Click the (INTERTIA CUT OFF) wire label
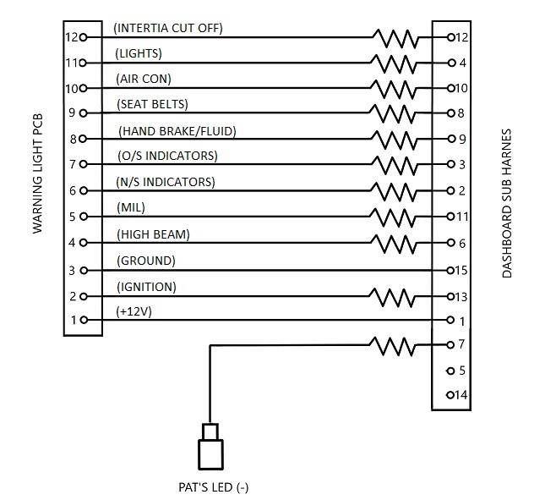(x=168, y=28)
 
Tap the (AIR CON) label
(x=144, y=79)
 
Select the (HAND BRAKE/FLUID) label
(x=177, y=131)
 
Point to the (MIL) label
(x=131, y=208)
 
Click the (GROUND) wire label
(x=146, y=261)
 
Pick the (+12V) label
(x=134, y=312)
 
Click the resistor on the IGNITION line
(x=391, y=297)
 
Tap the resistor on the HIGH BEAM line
(x=393, y=244)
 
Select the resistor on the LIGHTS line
(x=393, y=63)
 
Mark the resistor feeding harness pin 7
(x=391, y=346)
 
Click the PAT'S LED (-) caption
(x=214, y=487)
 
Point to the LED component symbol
(x=210, y=446)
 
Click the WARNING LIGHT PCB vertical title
(x=37, y=173)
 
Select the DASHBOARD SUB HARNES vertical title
(x=507, y=203)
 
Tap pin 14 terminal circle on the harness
(x=450, y=395)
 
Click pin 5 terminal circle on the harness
(x=450, y=371)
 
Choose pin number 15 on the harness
(x=461, y=271)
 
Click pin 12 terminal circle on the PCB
(x=83, y=37)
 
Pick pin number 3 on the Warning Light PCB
(x=72, y=271)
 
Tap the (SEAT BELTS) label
(x=152, y=104)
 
